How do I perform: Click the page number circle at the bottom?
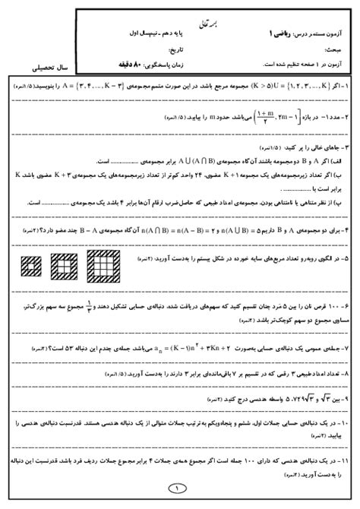tap(179, 488)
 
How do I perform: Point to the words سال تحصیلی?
tap(43, 67)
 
